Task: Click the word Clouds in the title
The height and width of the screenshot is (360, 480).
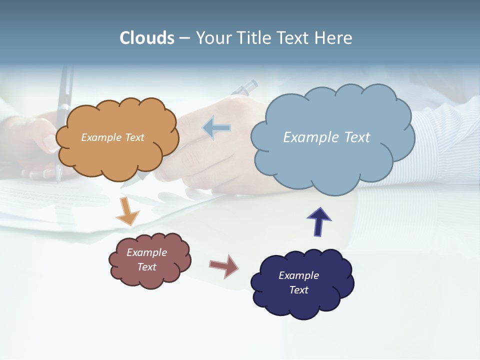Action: (147, 38)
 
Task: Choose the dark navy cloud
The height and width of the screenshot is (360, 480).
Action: (302, 305)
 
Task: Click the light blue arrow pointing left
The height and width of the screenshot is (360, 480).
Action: (216, 128)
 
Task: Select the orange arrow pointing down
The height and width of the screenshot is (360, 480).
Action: (127, 211)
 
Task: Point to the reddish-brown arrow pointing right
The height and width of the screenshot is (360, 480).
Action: (224, 265)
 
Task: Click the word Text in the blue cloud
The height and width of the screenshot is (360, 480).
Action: (357, 137)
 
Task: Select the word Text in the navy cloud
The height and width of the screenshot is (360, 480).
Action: (298, 290)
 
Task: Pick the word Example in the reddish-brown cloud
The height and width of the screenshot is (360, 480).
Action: (146, 252)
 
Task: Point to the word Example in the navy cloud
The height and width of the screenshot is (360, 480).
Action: (298, 275)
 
